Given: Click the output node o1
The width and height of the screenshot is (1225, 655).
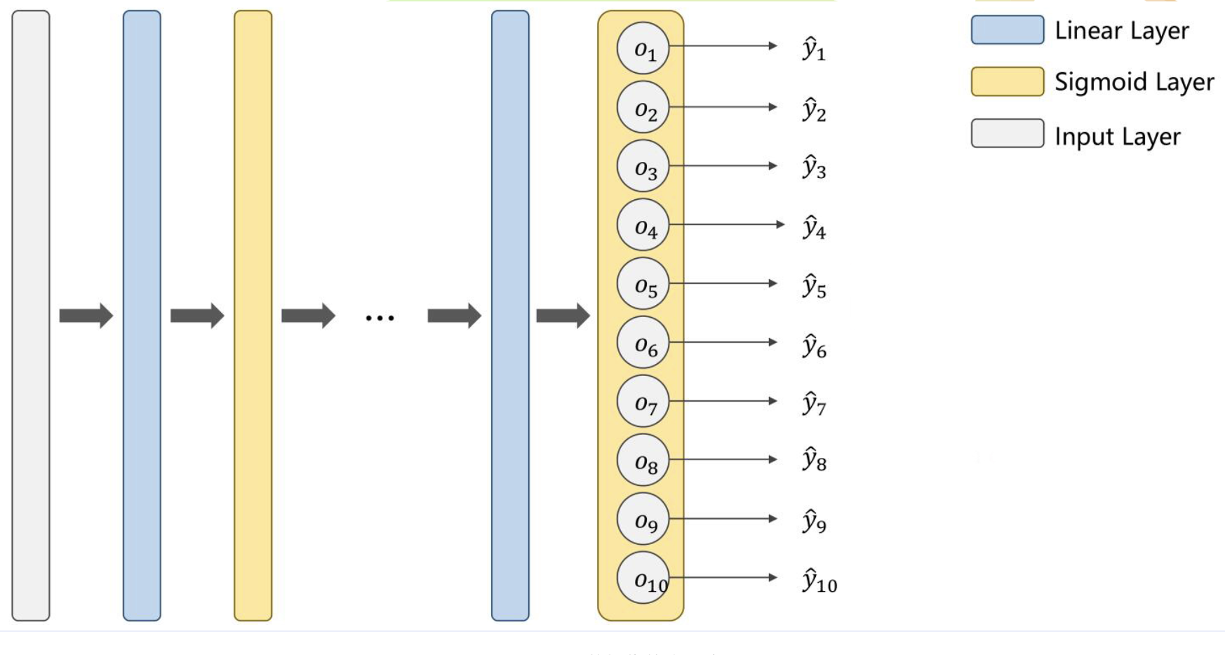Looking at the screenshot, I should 643,48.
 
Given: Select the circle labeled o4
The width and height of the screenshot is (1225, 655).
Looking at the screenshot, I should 643,225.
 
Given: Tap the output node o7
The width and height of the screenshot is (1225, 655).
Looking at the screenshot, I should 643,401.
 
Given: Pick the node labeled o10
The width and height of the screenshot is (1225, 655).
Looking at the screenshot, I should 643,578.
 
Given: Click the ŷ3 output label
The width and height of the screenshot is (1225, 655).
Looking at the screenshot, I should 814,168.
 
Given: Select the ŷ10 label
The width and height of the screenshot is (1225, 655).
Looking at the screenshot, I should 819,581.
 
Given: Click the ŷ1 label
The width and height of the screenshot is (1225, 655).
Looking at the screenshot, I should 814,49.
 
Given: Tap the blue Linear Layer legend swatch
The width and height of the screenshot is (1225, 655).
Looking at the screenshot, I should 1007,30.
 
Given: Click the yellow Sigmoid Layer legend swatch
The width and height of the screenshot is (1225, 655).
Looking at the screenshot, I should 1007,81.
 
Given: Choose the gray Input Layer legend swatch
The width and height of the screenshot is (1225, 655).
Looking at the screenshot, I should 1007,133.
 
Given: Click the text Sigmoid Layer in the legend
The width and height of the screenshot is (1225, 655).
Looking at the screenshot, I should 1134,82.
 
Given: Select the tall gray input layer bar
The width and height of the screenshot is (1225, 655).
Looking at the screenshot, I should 31,316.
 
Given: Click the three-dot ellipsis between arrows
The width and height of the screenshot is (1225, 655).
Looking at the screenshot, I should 380,318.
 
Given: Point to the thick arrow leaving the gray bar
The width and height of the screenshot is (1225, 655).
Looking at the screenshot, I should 86,316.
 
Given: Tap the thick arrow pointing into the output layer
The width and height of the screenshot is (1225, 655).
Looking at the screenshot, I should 563,316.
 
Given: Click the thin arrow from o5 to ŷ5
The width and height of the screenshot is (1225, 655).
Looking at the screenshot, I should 723,283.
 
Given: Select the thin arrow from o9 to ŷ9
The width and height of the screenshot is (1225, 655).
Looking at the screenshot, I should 723,518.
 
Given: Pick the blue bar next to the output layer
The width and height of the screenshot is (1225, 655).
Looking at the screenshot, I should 510,316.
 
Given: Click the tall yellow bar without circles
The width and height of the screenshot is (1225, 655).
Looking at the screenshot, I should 253,316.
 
